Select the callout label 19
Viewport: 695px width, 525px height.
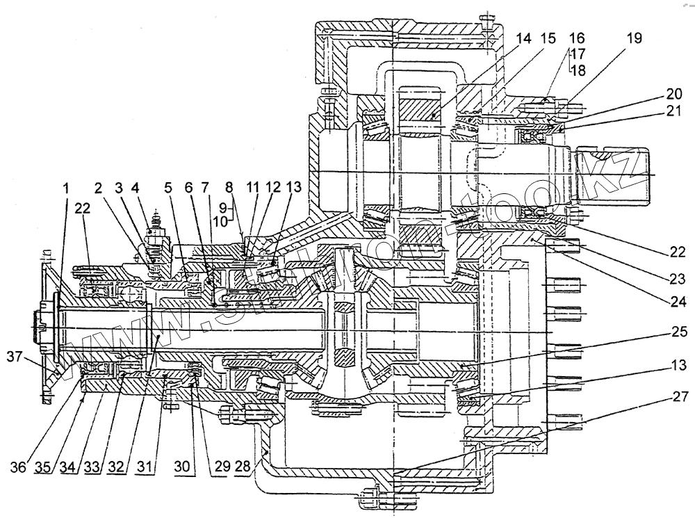click(635, 39)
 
